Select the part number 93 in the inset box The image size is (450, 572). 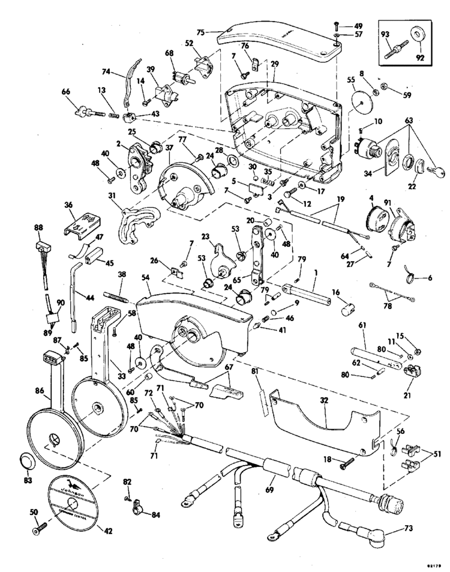(386, 34)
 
